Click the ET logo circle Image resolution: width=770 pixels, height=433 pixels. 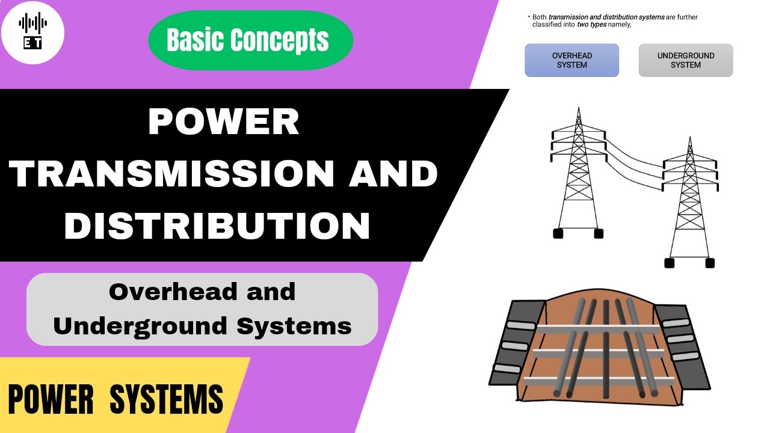[32, 32]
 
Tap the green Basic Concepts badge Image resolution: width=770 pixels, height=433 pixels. [250, 40]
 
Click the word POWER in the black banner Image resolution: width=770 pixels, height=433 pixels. [223, 122]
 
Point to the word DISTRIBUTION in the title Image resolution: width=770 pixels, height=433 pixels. [217, 226]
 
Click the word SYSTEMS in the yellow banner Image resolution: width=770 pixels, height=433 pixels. [167, 400]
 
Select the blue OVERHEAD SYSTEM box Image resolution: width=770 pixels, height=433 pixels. [571, 60]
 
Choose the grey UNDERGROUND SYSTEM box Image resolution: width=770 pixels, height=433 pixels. [685, 60]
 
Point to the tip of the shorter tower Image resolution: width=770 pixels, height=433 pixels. [689, 138]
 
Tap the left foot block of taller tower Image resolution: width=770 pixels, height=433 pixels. [558, 233]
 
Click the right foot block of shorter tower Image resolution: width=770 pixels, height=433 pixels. [710, 263]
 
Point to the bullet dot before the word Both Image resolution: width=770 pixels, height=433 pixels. [528, 17]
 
